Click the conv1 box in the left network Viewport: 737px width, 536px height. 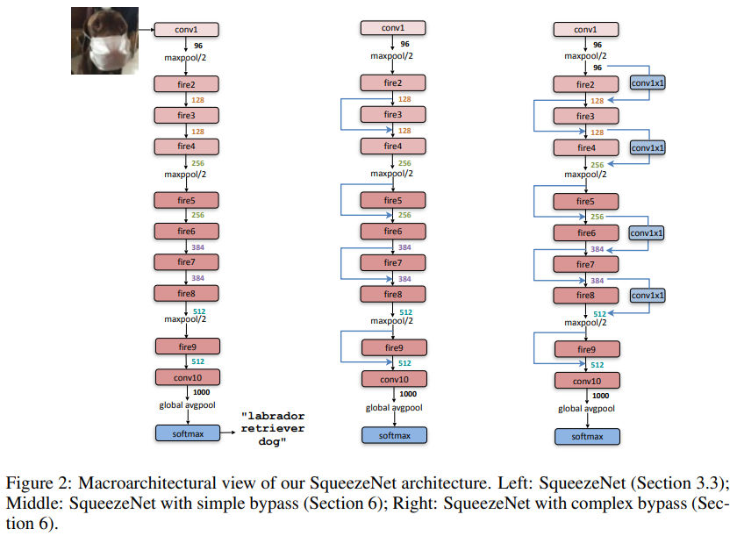tap(185, 29)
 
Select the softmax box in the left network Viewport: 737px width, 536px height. tap(185, 432)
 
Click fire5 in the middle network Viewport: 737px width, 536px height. tap(392, 202)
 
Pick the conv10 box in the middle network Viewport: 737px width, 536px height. tap(392, 379)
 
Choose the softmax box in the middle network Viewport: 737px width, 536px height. tap(392, 435)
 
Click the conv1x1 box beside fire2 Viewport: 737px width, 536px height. tap(648, 83)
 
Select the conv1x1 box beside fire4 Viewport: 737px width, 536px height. tap(648, 148)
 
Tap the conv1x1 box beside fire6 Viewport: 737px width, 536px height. tap(648, 233)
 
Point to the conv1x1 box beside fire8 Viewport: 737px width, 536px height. tap(648, 296)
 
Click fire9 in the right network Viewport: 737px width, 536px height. tap(586, 349)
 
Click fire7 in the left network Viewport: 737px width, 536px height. tap(185, 262)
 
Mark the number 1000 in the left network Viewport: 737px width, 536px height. tap(201, 392)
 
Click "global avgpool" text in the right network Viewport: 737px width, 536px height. tap(585, 409)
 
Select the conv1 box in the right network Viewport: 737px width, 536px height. tap(585, 29)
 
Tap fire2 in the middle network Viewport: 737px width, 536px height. tap(392, 83)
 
